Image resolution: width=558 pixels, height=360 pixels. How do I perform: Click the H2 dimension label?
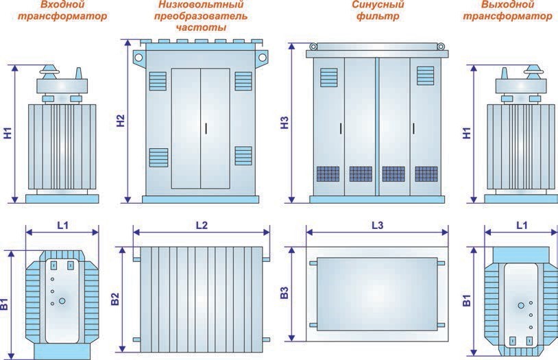tap(121, 121)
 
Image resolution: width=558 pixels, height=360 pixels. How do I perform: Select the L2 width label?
tap(202, 225)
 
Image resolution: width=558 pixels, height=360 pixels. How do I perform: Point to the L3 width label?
tap(378, 225)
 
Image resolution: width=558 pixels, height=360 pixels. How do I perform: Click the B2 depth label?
tap(115, 299)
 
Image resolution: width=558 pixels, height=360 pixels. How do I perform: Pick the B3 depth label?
tap(284, 293)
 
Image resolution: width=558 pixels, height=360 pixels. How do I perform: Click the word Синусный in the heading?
tap(378, 5)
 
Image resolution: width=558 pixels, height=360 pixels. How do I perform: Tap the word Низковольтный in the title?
tap(201, 5)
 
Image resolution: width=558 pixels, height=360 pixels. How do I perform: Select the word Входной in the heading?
tap(62, 5)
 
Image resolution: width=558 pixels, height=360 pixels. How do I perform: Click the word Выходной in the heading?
tap(507, 5)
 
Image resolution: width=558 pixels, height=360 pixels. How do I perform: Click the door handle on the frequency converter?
tap(206, 128)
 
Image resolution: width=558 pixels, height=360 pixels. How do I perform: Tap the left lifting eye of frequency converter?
tap(138, 58)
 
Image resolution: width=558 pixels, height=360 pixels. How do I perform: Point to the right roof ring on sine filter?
tap(441, 47)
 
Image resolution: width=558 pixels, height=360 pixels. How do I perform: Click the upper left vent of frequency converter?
tap(158, 81)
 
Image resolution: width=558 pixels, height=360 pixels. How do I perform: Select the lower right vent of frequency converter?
tap(243, 156)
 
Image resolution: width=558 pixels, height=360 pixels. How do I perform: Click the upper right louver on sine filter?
tap(425, 76)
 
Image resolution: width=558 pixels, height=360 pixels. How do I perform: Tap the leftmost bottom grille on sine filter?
tap(328, 174)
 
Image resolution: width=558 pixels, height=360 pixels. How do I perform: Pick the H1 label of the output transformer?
tap(467, 133)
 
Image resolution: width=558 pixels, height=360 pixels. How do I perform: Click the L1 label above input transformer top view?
tap(63, 225)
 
